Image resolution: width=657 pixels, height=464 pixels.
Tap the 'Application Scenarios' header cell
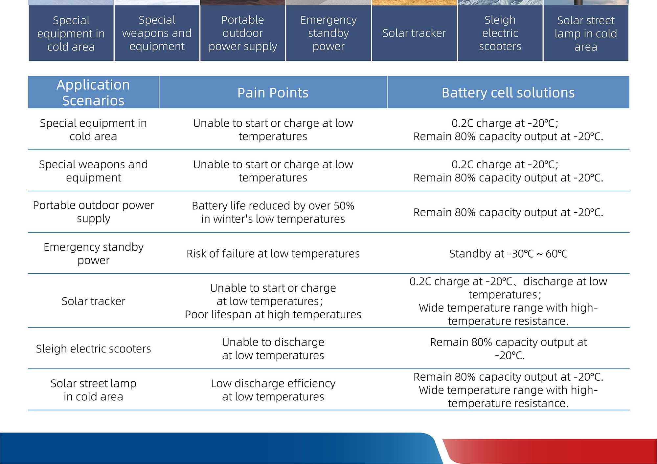coord(93,93)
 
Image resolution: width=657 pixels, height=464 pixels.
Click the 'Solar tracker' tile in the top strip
coord(414,33)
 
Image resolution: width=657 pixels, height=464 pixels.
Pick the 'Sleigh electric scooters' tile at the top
coord(500,33)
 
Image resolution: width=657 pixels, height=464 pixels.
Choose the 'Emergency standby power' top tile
coord(328,33)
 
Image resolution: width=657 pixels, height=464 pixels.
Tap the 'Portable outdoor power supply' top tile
coord(243,33)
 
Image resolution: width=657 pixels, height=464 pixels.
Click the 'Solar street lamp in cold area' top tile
coord(586,33)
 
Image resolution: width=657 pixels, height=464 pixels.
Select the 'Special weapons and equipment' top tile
coord(157,33)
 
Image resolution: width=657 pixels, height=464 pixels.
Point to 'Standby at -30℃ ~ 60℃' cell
coord(508,254)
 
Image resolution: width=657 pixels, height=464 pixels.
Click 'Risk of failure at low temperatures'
coord(273,254)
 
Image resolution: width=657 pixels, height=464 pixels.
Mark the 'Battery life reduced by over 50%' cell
coord(273,212)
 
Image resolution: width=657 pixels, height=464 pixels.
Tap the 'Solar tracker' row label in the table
coord(93,301)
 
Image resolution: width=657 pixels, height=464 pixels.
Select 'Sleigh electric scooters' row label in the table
coord(93,348)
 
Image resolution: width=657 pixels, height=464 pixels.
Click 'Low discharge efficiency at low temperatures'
coord(273,390)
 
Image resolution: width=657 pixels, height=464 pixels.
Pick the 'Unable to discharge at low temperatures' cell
coord(273,348)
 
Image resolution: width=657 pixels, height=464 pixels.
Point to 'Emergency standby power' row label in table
coord(93,253)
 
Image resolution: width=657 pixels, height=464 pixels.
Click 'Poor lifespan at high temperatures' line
coord(273,314)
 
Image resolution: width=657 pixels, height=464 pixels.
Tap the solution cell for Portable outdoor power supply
coord(508,212)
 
